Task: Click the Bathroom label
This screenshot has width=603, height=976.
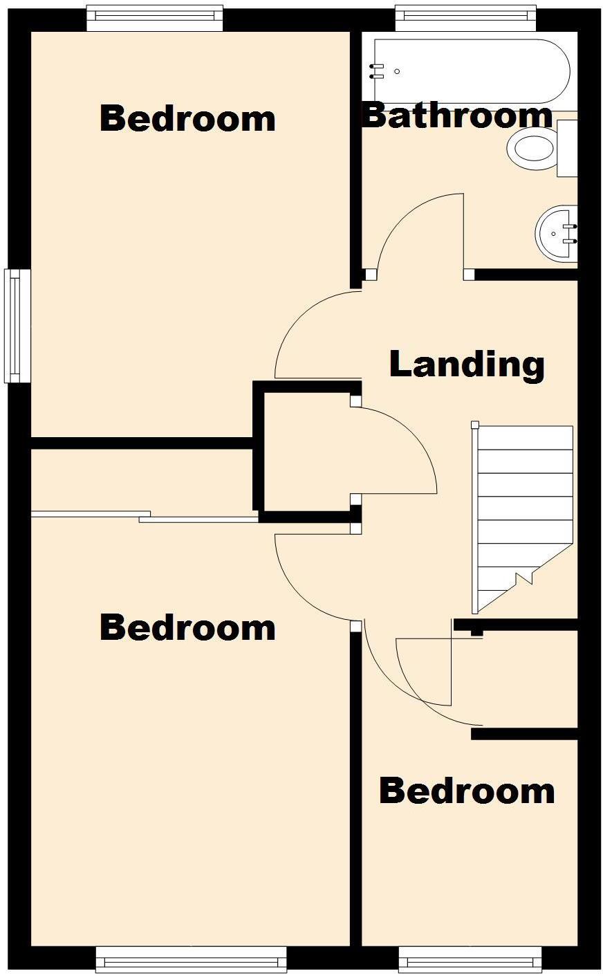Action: [457, 116]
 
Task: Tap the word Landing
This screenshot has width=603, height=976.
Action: [467, 364]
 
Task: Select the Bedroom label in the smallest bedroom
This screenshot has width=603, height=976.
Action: [467, 791]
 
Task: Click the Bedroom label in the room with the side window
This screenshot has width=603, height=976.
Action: [187, 118]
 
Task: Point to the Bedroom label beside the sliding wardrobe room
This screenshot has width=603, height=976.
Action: [187, 627]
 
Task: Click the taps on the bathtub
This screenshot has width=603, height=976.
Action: [377, 71]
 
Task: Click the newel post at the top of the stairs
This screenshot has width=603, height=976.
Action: [475, 425]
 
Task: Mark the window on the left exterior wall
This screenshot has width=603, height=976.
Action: [17, 325]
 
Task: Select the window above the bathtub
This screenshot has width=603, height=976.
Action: [465, 18]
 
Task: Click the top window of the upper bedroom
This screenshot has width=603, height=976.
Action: [155, 18]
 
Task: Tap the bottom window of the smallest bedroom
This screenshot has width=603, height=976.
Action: [470, 960]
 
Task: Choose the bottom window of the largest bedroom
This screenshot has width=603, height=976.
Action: [191, 960]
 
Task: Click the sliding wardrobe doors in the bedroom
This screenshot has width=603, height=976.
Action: [145, 515]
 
